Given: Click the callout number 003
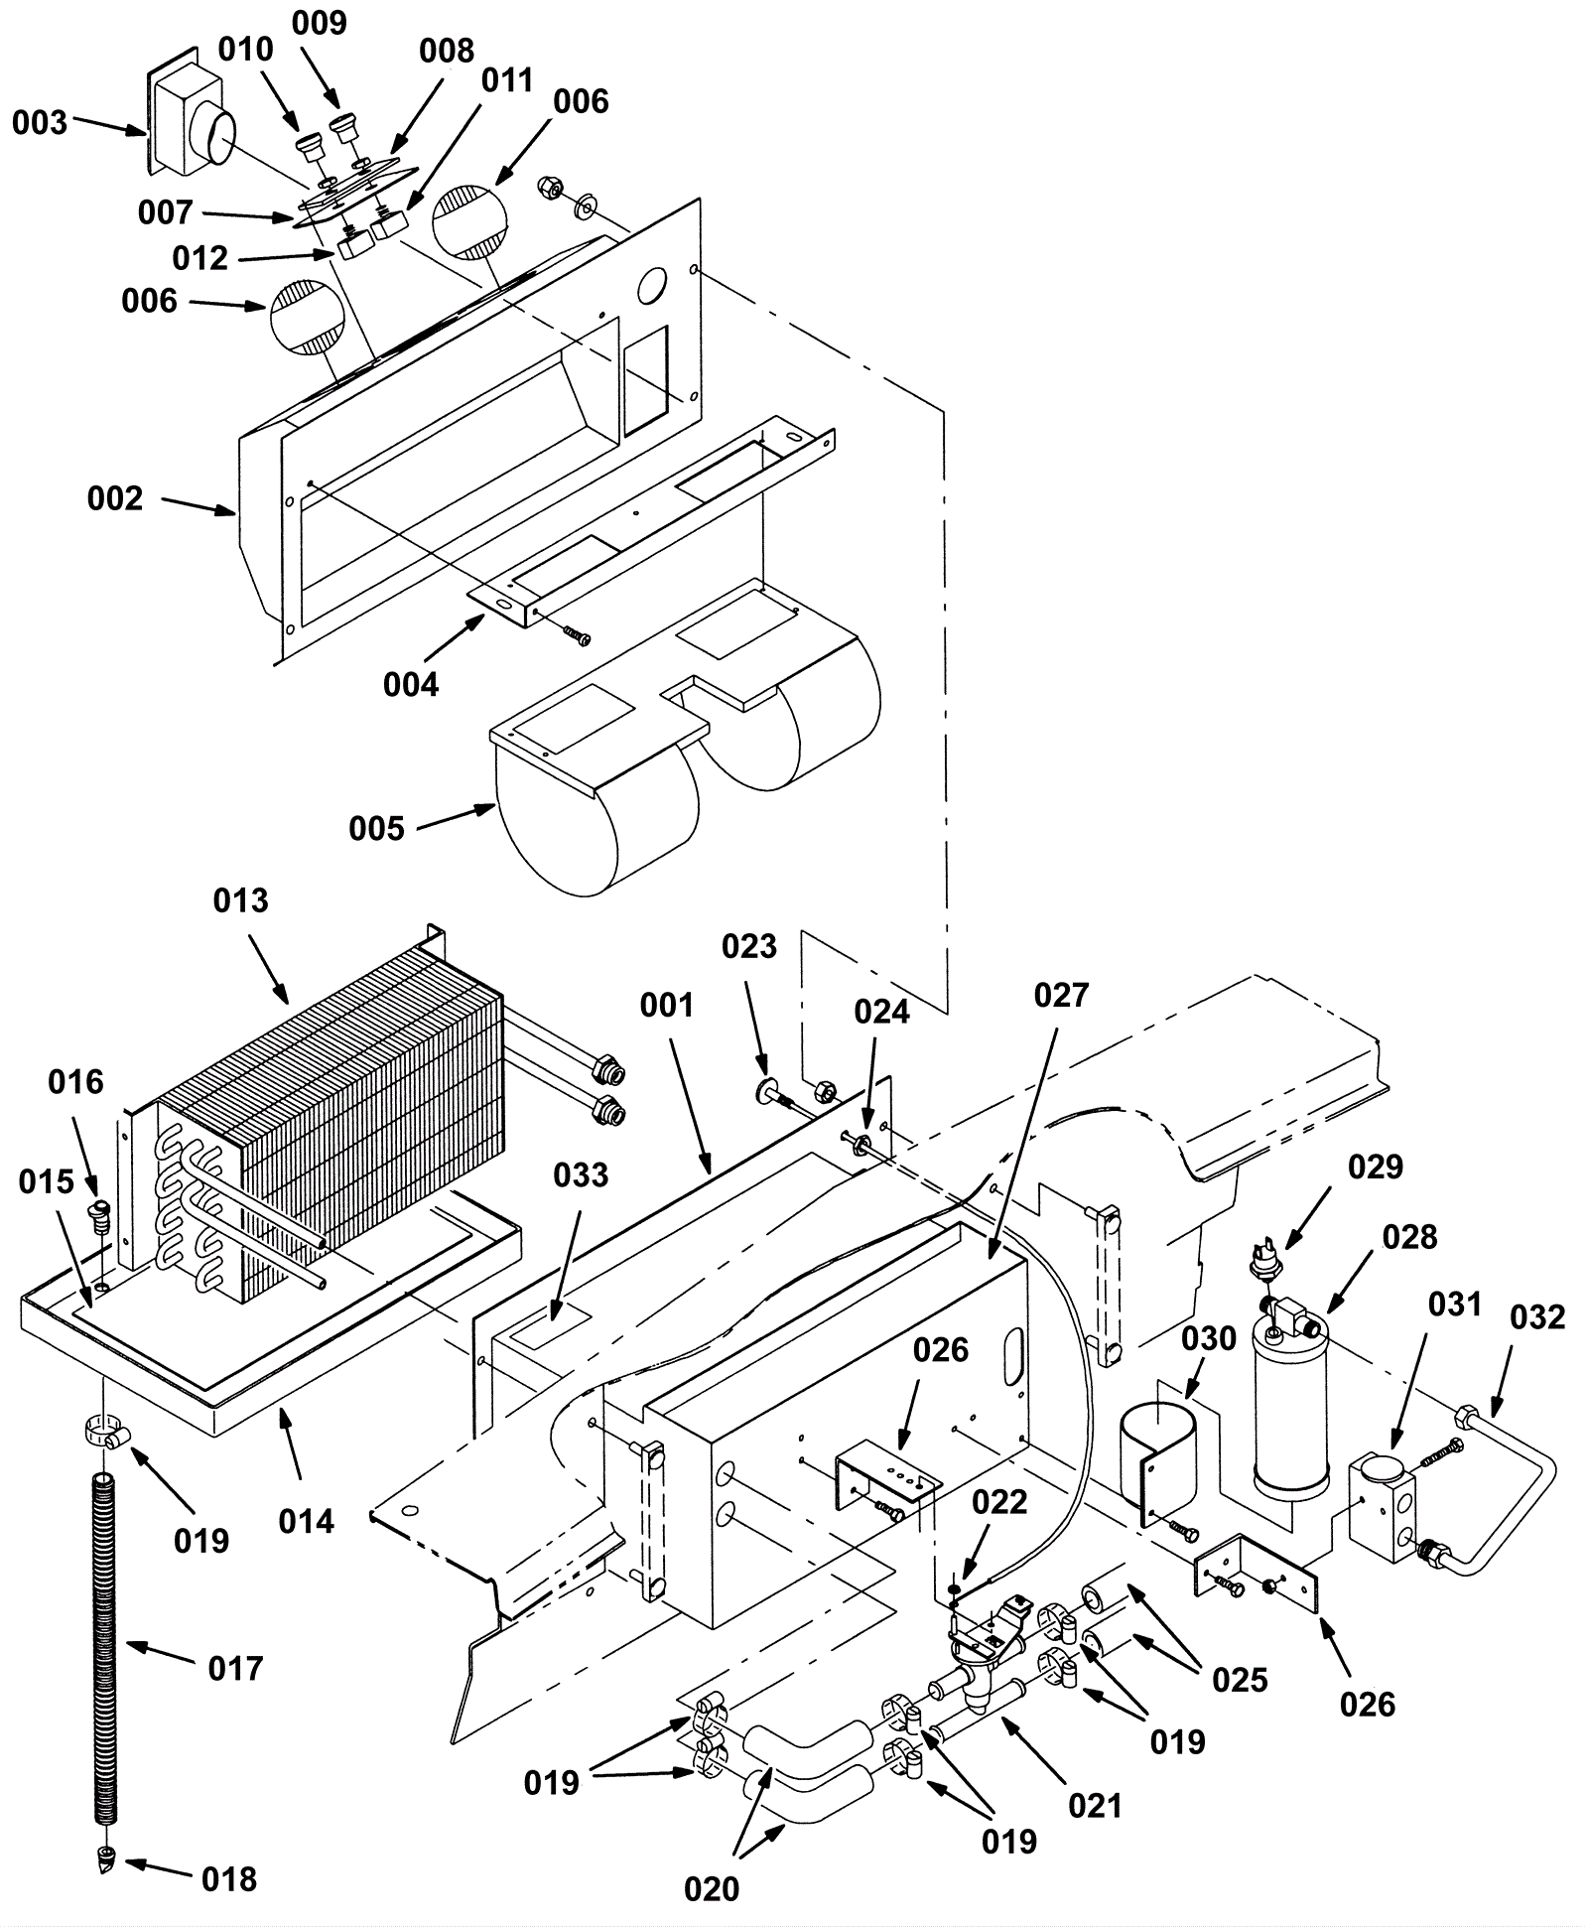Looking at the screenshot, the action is (x=40, y=123).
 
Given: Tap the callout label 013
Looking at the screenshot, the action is (x=241, y=900).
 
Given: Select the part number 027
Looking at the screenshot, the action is (x=1061, y=995).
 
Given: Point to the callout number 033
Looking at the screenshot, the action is (x=581, y=1174).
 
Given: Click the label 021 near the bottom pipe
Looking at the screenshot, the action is (x=1095, y=1806).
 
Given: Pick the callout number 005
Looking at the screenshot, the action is (x=377, y=828).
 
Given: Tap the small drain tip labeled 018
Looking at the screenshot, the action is (x=105, y=1859).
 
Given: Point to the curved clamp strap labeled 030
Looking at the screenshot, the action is (x=1157, y=1460).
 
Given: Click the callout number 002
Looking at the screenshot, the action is (x=115, y=497).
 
